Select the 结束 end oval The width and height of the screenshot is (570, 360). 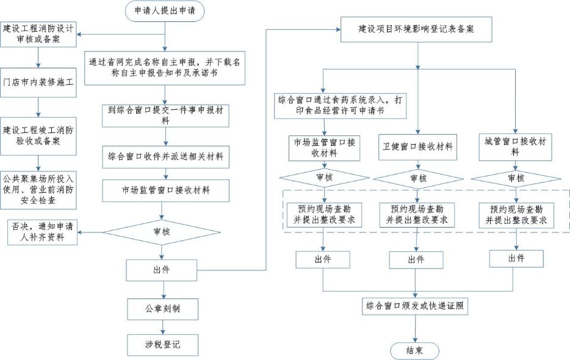415,350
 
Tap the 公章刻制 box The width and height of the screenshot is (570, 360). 162,309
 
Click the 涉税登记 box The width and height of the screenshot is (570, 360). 162,345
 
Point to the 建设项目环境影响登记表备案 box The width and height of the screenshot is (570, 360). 416,29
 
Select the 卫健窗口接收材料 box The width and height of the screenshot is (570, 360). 418,147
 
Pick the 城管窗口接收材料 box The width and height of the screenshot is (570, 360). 515,147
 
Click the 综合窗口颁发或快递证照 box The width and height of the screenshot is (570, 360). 415,306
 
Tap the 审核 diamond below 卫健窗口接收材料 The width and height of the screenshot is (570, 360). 418,178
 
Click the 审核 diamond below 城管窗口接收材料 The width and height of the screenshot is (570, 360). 516,178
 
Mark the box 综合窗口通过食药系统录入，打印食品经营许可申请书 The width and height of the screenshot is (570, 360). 339,105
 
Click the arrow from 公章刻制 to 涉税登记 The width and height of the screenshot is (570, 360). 162,326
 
